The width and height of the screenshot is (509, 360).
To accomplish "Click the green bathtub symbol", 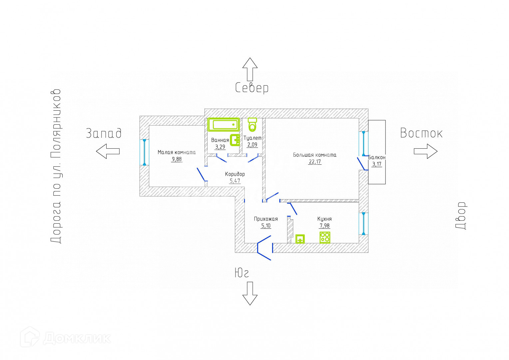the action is point(224,125).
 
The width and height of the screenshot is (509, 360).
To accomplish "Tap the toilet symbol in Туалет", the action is point(253,124).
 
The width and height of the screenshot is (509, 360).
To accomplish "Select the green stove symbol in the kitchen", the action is point(325,237).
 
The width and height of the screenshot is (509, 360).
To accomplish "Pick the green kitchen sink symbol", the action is point(300,239).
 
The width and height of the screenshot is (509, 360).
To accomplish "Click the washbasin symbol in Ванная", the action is point(235,140).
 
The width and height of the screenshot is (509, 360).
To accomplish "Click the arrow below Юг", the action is point(250,293).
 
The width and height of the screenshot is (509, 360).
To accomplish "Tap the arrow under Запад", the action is point(108,151).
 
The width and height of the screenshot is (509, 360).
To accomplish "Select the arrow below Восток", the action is point(425,151).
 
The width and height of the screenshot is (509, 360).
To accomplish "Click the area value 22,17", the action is point(315,162).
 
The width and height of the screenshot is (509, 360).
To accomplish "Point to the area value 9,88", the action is point(177,159).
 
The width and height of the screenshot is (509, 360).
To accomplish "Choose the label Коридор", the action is point(235,174).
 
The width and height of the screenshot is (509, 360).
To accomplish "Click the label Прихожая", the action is point(266,219).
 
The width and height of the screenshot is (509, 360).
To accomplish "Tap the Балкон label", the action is point(377,157).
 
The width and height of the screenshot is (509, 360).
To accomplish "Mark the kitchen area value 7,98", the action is point(324,226).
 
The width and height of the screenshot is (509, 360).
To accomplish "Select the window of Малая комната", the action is point(144,152).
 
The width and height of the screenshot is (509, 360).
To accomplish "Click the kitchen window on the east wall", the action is point(363,223).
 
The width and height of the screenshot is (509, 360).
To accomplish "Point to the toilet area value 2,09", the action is point(252,145).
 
